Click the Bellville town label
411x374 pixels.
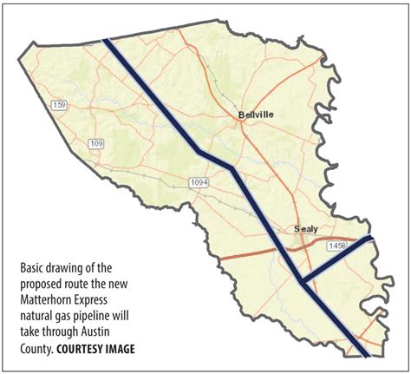coord(255,115)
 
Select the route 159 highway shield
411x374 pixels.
coord(58,105)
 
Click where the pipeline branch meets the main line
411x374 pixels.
coord(300,280)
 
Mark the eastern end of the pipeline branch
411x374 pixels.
coord(371,237)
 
